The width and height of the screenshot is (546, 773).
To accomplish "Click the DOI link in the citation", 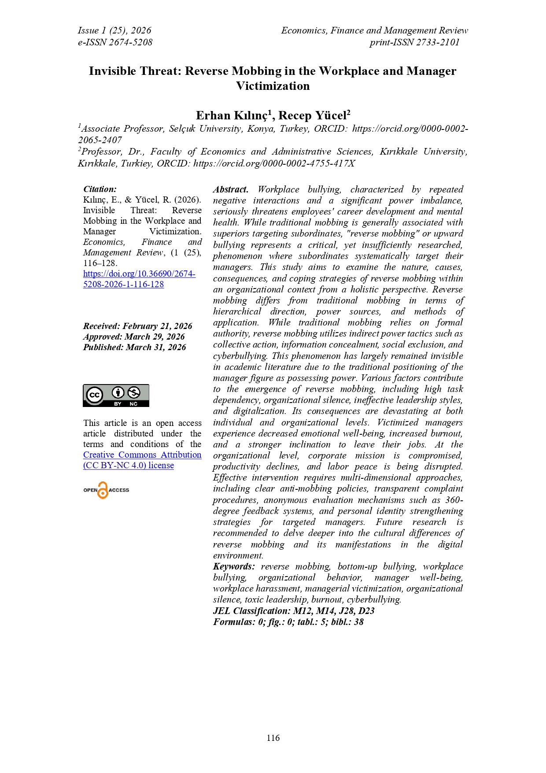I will click(139, 279).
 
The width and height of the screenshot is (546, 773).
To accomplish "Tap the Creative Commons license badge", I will click(116, 395).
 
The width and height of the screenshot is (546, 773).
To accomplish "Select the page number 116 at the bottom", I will click(273, 738).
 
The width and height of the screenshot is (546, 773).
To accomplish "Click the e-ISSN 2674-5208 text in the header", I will click(115, 42).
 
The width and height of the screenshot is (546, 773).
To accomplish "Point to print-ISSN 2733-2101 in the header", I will click(414, 42).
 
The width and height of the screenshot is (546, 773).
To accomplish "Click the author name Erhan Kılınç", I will click(232, 115).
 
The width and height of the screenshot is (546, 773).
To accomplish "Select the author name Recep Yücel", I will click(313, 115).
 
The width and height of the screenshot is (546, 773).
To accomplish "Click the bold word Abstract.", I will click(230, 189).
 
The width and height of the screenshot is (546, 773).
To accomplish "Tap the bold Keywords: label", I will click(234, 566).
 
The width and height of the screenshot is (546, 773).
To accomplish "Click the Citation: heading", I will click(100, 189).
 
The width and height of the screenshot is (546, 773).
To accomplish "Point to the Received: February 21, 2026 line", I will click(137, 326).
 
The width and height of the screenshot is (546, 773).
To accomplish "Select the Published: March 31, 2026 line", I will click(134, 347).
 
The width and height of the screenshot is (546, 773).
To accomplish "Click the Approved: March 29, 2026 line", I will click(134, 337).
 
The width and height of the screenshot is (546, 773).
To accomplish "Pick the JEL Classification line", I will click(294, 611).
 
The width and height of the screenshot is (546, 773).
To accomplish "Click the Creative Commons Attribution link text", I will click(142, 455).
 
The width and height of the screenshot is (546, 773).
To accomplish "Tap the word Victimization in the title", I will click(273, 86).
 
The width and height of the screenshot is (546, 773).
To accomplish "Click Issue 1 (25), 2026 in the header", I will click(114, 30).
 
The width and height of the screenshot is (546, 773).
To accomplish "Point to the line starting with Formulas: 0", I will click(288, 622).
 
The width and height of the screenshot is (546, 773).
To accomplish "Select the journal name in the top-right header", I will click(374, 30).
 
